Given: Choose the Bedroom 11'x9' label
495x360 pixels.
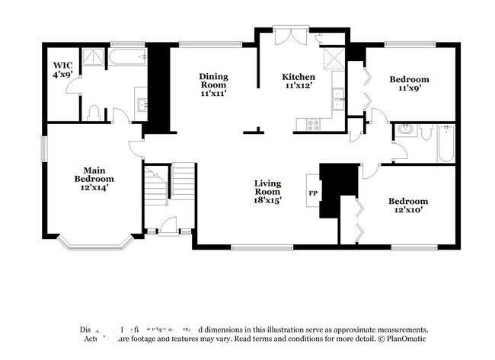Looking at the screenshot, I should (408, 83).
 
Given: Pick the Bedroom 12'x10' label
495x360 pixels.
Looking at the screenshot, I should (408, 206).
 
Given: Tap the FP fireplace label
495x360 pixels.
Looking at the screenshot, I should (312, 193).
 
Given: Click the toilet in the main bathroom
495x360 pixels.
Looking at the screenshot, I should (92, 113).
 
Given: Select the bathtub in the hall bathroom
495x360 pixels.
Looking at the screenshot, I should (446, 144).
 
